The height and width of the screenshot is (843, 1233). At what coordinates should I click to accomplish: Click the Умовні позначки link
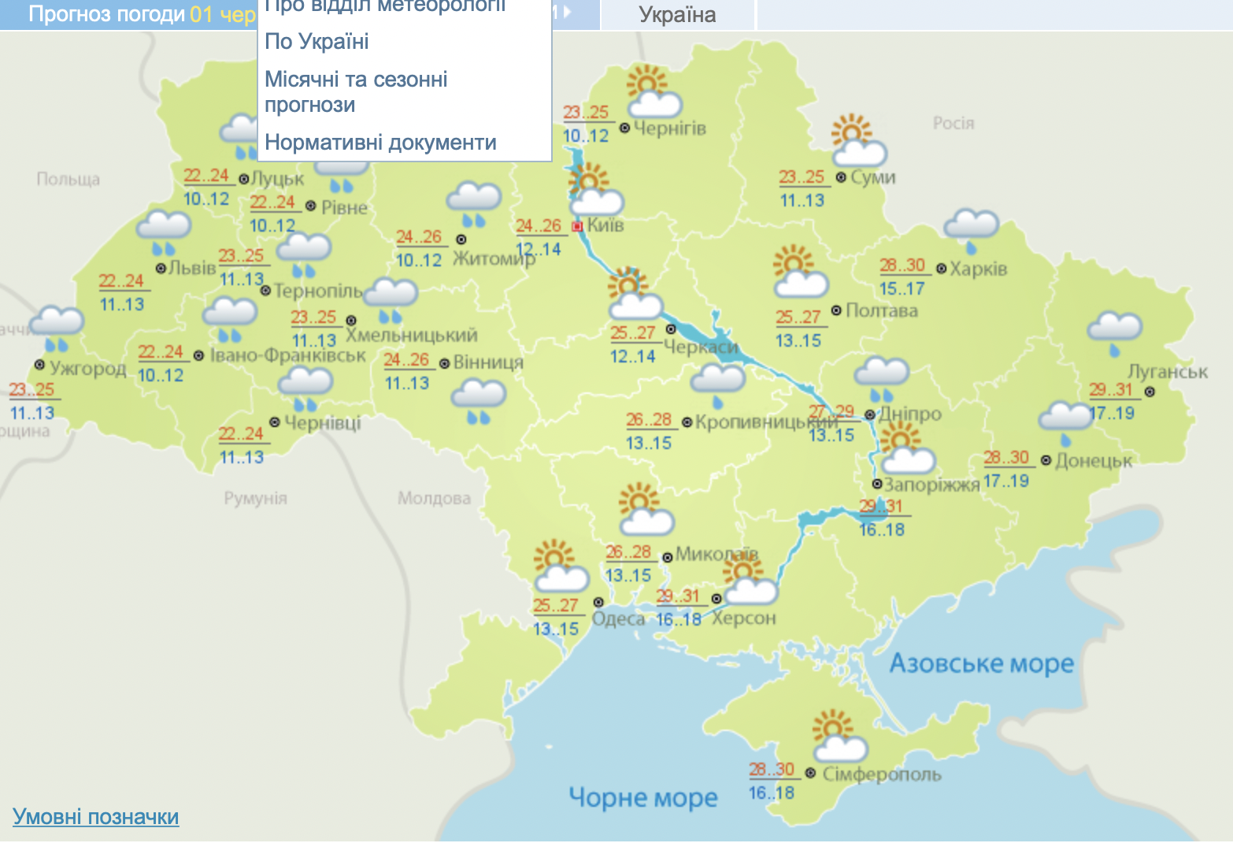tap(95, 816)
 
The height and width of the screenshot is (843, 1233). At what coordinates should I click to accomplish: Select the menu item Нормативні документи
tap(380, 143)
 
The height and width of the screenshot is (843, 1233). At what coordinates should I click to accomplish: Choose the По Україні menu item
tap(317, 42)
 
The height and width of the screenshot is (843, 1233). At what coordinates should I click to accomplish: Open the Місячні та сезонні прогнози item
tap(356, 91)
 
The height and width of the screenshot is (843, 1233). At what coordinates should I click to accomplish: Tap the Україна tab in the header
tap(677, 15)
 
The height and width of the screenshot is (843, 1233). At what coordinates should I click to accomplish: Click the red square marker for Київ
tap(577, 227)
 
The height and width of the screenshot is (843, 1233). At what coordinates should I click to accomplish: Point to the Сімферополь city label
tap(881, 774)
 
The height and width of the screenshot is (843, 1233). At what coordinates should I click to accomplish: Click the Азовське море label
tap(981, 663)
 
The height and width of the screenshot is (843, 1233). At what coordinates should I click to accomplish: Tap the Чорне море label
tap(642, 797)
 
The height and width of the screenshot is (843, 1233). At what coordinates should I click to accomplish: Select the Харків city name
tap(978, 269)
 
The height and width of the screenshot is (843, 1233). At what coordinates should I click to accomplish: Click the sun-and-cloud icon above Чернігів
tap(653, 92)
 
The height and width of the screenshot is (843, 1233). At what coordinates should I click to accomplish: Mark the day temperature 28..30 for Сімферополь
tap(772, 770)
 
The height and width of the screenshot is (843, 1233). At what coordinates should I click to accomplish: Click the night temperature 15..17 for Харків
tap(902, 289)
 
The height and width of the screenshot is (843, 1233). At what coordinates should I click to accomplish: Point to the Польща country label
tap(68, 180)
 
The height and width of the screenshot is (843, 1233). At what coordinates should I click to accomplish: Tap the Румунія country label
tap(255, 498)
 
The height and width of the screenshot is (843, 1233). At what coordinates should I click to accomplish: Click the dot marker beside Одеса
tap(598, 603)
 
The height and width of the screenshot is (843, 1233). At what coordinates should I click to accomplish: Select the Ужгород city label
tap(87, 368)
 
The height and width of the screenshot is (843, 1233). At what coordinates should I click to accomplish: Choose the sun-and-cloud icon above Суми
tap(858, 142)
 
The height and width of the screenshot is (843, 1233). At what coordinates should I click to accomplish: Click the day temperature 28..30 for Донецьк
tap(1006, 458)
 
